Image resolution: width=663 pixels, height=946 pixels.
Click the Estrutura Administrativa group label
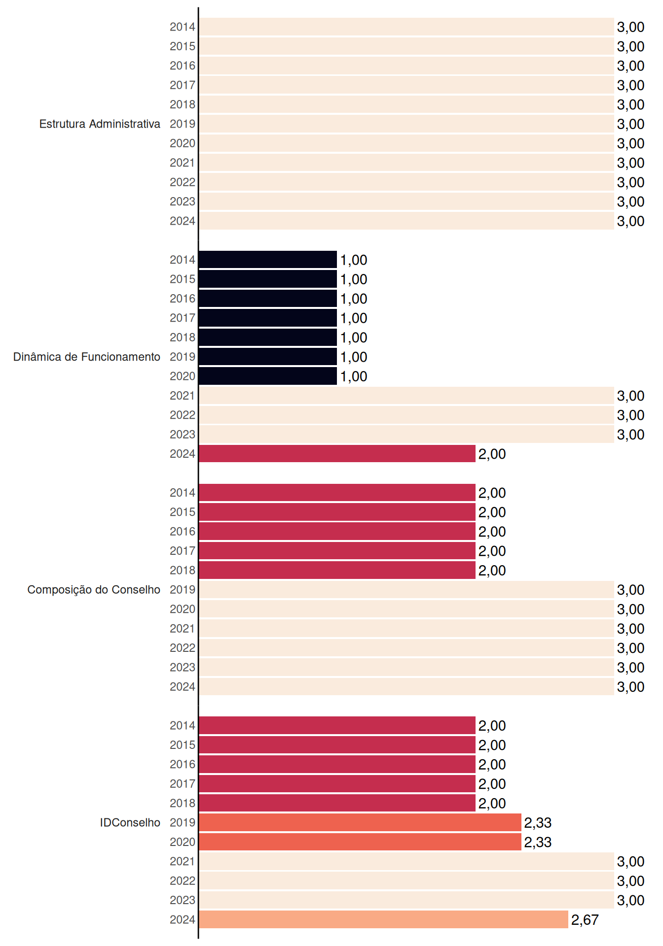100,124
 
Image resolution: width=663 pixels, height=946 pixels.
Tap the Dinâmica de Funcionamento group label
87,357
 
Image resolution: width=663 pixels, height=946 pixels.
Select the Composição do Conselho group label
94,590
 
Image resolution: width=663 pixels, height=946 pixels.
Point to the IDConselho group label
130,822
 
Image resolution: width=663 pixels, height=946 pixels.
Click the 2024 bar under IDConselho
383,919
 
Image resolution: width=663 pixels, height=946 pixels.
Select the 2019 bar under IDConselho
360,822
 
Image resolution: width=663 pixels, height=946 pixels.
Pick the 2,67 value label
585,920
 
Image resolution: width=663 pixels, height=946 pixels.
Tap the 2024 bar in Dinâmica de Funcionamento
337,454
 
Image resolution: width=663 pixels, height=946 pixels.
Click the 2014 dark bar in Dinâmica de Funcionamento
268,260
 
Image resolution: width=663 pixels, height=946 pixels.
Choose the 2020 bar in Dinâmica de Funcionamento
268,376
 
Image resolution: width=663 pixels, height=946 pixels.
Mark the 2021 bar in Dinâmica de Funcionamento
406,396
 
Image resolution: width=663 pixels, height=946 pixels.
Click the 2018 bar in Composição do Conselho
337,570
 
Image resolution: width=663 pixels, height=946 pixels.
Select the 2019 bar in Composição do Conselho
406,590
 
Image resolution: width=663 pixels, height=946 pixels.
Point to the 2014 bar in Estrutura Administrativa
406,27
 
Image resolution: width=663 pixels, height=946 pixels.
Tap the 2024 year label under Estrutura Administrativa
183,221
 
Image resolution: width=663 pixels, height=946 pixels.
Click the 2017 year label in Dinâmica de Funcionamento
183,318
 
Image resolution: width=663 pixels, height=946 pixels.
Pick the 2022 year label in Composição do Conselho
183,648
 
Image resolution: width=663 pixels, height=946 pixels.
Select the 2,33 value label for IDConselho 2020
538,842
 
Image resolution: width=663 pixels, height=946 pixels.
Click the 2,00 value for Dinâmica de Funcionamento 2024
492,454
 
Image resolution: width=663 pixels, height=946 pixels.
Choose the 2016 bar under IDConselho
337,764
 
